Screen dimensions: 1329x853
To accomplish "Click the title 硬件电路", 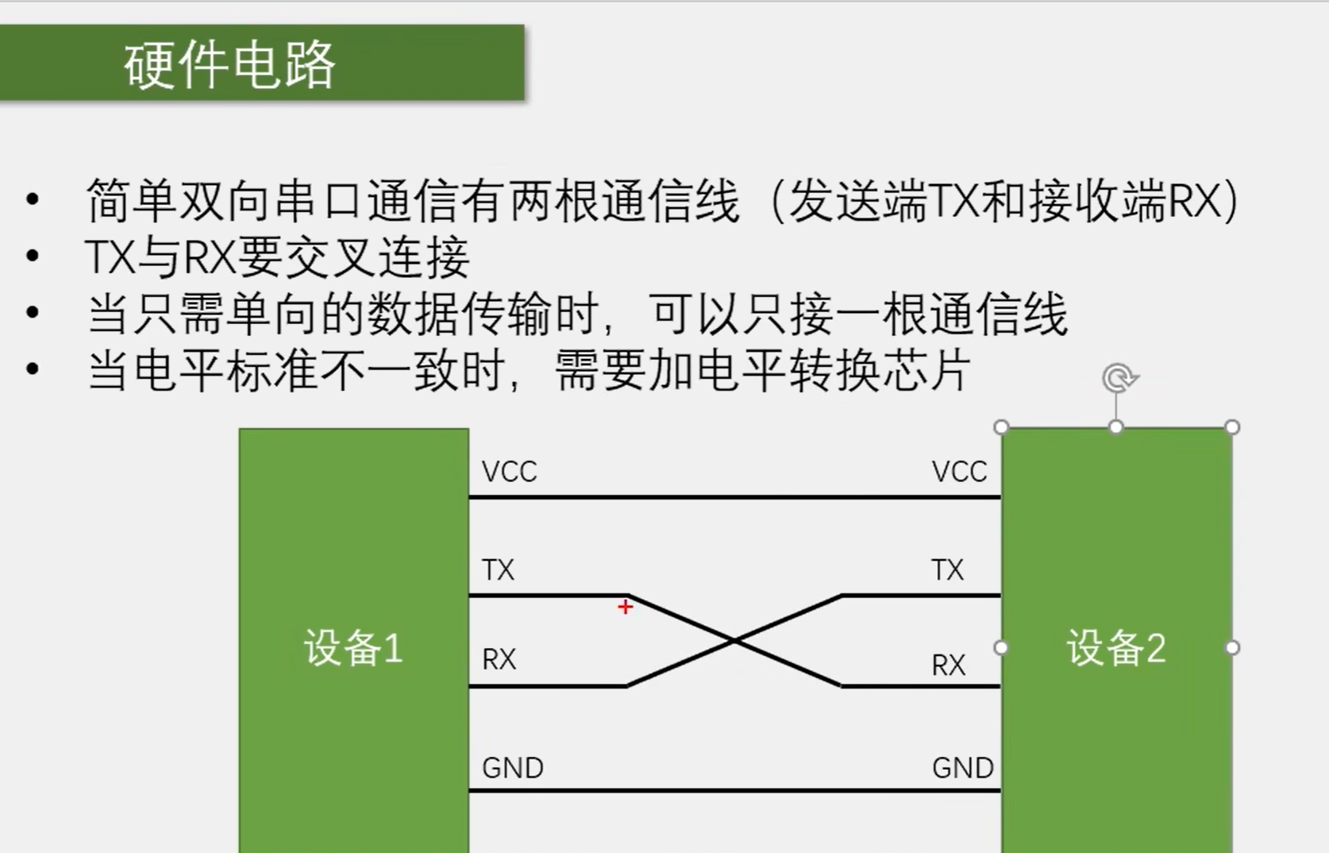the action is coord(229,64).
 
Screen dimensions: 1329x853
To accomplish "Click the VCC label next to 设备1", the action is coord(509,472).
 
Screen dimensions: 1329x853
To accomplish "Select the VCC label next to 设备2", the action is coord(959,472).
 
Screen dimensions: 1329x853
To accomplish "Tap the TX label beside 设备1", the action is coord(498,570).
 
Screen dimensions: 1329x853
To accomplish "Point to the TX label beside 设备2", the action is coord(947,570).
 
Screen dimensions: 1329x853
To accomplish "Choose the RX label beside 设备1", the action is coord(499,659).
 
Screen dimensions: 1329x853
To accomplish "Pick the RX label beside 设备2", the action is coord(948,665).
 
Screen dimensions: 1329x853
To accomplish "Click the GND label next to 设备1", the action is coord(512,768).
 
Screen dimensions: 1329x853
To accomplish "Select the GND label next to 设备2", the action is coord(962,768).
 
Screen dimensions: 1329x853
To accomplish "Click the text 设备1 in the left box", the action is coord(353,648).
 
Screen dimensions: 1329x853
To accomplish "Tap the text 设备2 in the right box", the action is coord(1115,648).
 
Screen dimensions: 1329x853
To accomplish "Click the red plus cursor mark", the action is coord(625,608).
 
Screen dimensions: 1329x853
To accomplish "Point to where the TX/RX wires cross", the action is coord(734,640).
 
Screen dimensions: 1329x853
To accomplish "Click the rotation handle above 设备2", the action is coord(1119,378).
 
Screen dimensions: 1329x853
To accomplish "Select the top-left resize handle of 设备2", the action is coord(1001,427).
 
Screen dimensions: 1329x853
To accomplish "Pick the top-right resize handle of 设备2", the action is coord(1232,427).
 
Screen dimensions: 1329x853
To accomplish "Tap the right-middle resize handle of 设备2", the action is coord(1232,648).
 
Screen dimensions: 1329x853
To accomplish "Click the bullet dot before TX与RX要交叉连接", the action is coord(33,256).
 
